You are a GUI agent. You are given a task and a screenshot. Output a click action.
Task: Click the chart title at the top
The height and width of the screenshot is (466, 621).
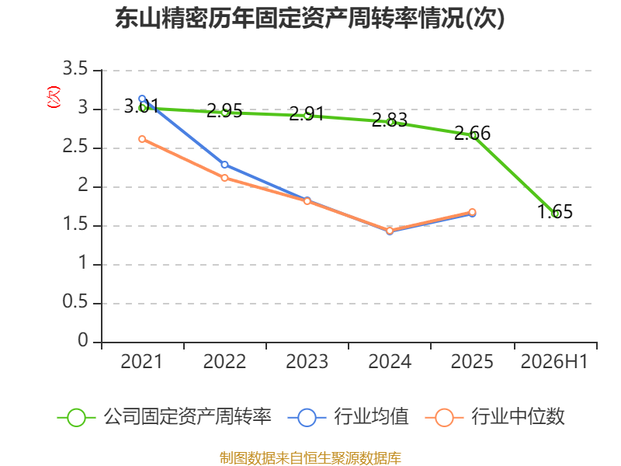point(310,18)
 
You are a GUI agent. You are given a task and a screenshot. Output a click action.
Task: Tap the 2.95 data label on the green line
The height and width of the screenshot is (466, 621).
point(224,110)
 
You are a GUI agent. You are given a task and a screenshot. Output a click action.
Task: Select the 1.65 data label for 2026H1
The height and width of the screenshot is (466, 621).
point(555,211)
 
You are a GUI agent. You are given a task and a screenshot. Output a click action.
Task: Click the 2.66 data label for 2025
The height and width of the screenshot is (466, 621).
point(472,133)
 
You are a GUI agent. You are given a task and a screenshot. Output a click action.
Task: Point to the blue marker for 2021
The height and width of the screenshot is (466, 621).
point(142,99)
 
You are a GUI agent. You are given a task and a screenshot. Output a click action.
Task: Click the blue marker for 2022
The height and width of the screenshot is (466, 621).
point(224,165)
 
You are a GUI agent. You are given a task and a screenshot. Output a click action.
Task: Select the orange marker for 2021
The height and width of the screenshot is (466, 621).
point(142,139)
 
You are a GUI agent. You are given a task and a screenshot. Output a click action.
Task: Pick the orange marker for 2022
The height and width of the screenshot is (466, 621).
point(224,178)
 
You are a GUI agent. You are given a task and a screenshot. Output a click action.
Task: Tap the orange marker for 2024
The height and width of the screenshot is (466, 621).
point(390,231)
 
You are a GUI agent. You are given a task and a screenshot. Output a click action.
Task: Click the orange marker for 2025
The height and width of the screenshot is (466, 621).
point(472,212)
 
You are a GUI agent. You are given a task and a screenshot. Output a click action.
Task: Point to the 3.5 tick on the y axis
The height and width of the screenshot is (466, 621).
point(75,69)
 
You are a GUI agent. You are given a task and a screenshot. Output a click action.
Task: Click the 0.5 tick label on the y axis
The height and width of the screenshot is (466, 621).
point(75,302)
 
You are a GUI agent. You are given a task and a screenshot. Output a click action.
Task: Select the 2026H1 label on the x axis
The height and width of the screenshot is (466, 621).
point(554,361)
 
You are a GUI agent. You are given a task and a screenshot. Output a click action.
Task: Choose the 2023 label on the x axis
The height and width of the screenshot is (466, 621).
point(307,361)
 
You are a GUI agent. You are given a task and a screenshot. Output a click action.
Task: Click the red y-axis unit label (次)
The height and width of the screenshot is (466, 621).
point(54,97)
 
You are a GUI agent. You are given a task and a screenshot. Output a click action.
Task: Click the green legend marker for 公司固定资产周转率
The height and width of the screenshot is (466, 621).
point(76,418)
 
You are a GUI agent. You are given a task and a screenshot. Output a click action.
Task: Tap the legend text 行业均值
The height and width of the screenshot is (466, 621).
point(371,417)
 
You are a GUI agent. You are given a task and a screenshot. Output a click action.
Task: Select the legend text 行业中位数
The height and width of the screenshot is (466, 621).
point(518,417)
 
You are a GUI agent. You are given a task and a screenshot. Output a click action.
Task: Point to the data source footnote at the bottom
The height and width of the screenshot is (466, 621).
point(310,458)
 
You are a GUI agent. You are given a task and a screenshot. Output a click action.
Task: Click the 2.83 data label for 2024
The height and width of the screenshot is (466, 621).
point(390,120)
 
